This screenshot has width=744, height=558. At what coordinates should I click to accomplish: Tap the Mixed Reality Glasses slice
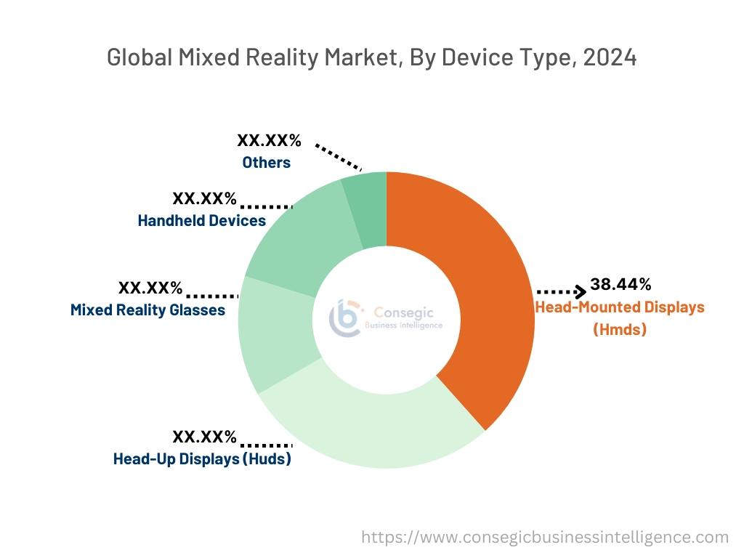[x=276, y=334]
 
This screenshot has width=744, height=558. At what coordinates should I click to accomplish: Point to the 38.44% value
[x=620, y=283]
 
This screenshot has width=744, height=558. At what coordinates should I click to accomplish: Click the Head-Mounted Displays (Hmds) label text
[x=620, y=318]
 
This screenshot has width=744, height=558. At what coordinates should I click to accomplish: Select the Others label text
[x=267, y=163]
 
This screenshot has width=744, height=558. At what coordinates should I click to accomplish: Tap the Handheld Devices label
[x=202, y=220]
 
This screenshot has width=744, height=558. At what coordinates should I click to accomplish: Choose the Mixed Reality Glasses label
[x=147, y=310]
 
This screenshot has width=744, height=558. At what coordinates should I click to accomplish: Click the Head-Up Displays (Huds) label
[x=202, y=459]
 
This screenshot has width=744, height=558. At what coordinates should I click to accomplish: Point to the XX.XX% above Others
[x=269, y=141]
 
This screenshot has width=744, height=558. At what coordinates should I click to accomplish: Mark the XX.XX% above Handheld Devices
[x=204, y=198]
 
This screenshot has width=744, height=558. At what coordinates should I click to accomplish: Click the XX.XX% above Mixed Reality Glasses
[x=150, y=288]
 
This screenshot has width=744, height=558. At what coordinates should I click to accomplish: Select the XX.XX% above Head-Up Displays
[x=204, y=437]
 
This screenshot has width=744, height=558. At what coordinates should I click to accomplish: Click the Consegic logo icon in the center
[x=345, y=319]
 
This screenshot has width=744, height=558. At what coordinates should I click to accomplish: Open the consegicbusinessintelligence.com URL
[x=545, y=537]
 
